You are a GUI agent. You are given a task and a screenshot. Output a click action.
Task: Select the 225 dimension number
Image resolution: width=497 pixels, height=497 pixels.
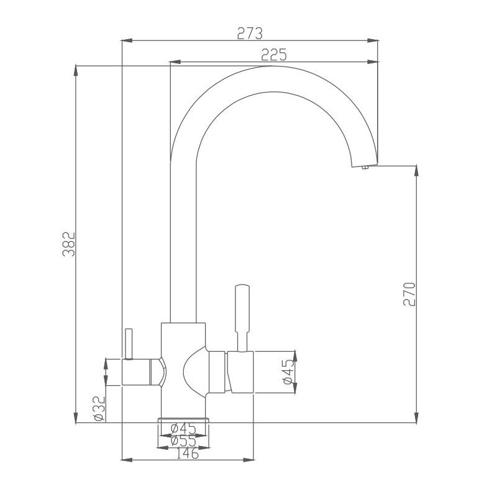click(x=273, y=55)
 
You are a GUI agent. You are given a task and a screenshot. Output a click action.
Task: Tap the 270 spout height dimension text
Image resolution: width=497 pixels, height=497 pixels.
click(x=409, y=293)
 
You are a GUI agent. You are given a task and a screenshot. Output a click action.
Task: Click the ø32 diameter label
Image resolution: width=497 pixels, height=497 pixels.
click(x=98, y=409)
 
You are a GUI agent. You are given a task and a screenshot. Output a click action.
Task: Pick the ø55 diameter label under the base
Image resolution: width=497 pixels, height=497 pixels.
click(x=183, y=441)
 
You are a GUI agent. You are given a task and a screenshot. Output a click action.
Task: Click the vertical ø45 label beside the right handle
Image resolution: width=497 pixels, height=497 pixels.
click(x=287, y=371)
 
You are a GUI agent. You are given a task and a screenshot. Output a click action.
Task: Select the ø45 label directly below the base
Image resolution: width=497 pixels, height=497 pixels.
click(x=183, y=429)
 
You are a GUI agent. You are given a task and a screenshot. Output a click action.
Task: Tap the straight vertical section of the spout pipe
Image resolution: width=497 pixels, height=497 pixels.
click(x=183, y=248)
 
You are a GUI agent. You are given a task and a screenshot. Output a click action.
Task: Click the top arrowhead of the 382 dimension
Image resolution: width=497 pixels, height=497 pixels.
click(x=76, y=68)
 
